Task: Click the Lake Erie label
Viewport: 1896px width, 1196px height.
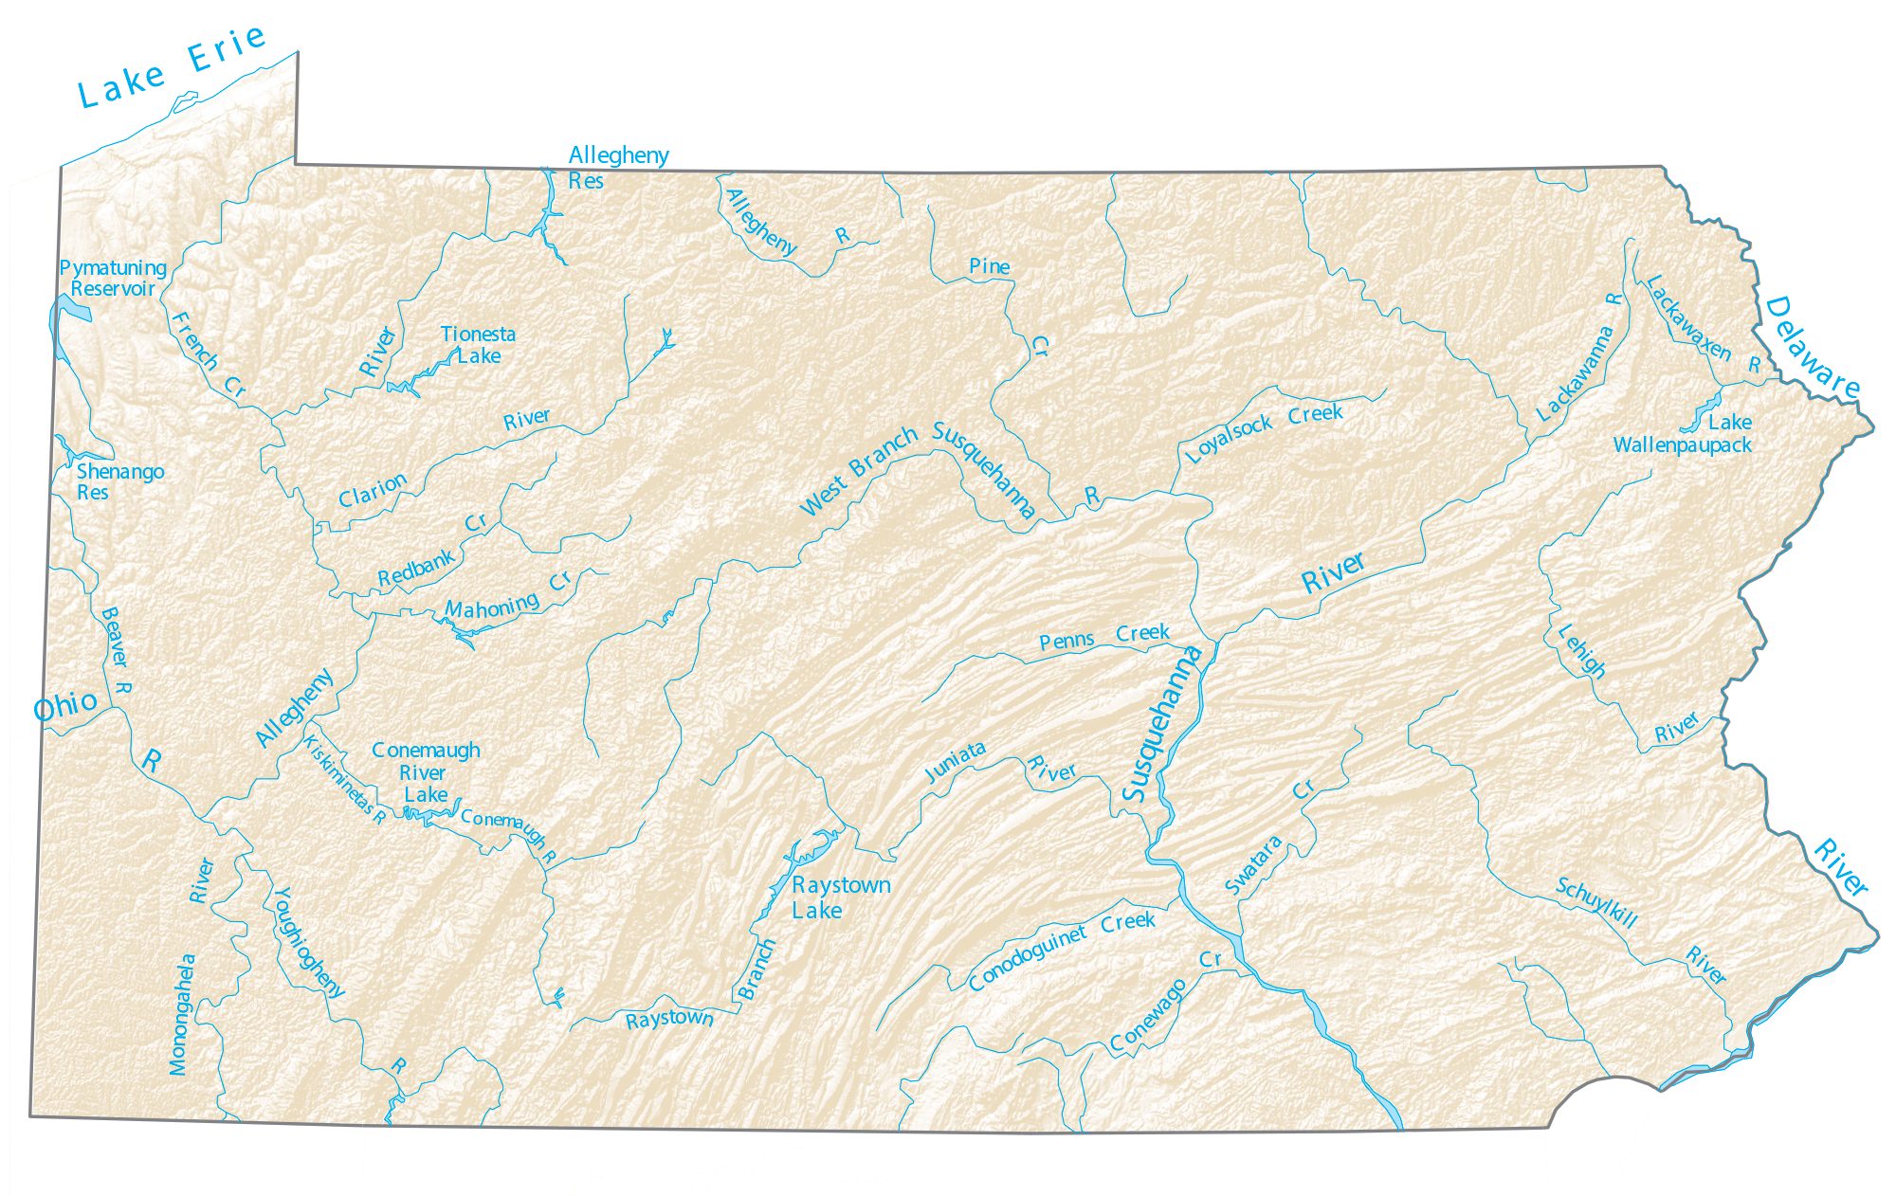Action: coord(171,66)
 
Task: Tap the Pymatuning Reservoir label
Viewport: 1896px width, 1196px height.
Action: coord(113,279)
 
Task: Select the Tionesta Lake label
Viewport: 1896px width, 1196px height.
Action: coord(479,345)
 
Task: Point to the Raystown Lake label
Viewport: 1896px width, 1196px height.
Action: coord(840,897)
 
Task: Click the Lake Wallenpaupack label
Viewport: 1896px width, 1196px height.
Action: coord(1684,434)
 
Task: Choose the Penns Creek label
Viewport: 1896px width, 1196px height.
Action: coord(1103,637)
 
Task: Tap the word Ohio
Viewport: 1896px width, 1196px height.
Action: coord(64,706)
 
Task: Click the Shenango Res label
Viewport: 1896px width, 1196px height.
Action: coord(118,481)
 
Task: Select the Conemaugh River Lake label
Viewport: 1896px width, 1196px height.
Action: coord(426,772)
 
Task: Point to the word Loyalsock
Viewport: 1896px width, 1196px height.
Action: coord(1229,439)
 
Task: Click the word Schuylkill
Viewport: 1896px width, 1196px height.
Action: coord(1596,902)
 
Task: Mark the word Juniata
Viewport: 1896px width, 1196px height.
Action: coord(956,762)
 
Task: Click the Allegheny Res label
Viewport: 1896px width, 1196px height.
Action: coord(617,168)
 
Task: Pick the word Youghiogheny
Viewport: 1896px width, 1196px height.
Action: coord(307,942)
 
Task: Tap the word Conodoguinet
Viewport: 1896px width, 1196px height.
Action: coord(1028,958)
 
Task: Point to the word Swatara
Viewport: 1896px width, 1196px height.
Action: coord(1253,865)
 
